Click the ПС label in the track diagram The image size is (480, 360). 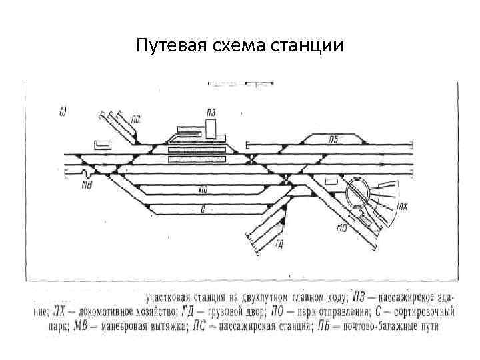(x=136, y=120)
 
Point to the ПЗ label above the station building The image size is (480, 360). (x=211, y=111)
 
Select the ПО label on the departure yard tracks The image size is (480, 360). (x=202, y=190)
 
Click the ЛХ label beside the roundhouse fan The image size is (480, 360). (x=403, y=206)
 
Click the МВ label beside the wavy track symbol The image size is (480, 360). (x=86, y=184)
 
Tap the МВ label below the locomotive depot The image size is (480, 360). (x=341, y=229)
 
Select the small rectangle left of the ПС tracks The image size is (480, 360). (x=103, y=144)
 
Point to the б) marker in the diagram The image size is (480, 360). (x=61, y=111)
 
